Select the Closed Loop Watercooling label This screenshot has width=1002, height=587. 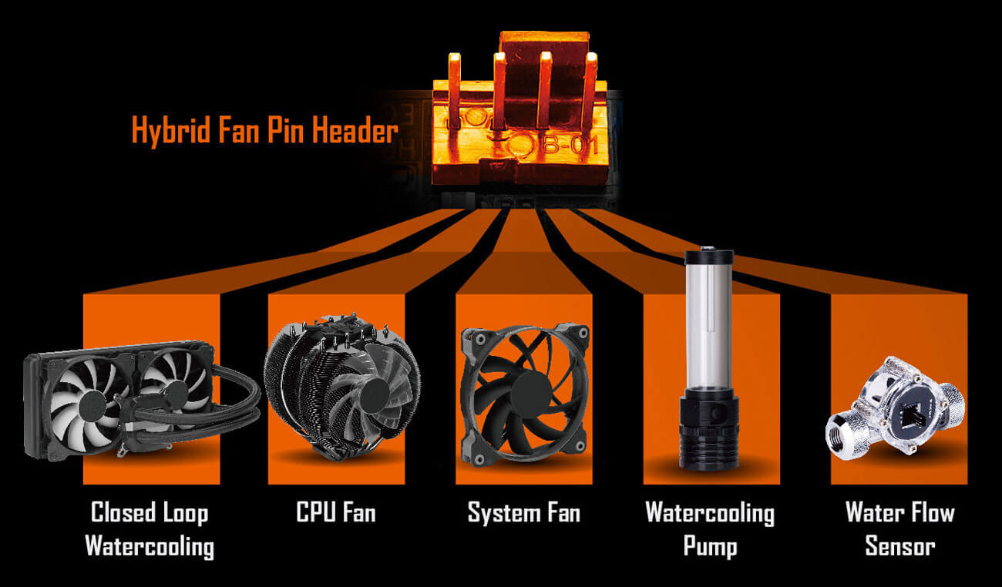[150, 529]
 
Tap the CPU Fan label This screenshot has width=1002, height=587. [336, 512]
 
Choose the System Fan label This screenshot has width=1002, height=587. [524, 512]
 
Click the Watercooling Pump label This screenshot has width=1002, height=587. [710, 529]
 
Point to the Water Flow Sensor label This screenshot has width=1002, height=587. [899, 529]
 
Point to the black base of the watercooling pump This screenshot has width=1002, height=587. [710, 435]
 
